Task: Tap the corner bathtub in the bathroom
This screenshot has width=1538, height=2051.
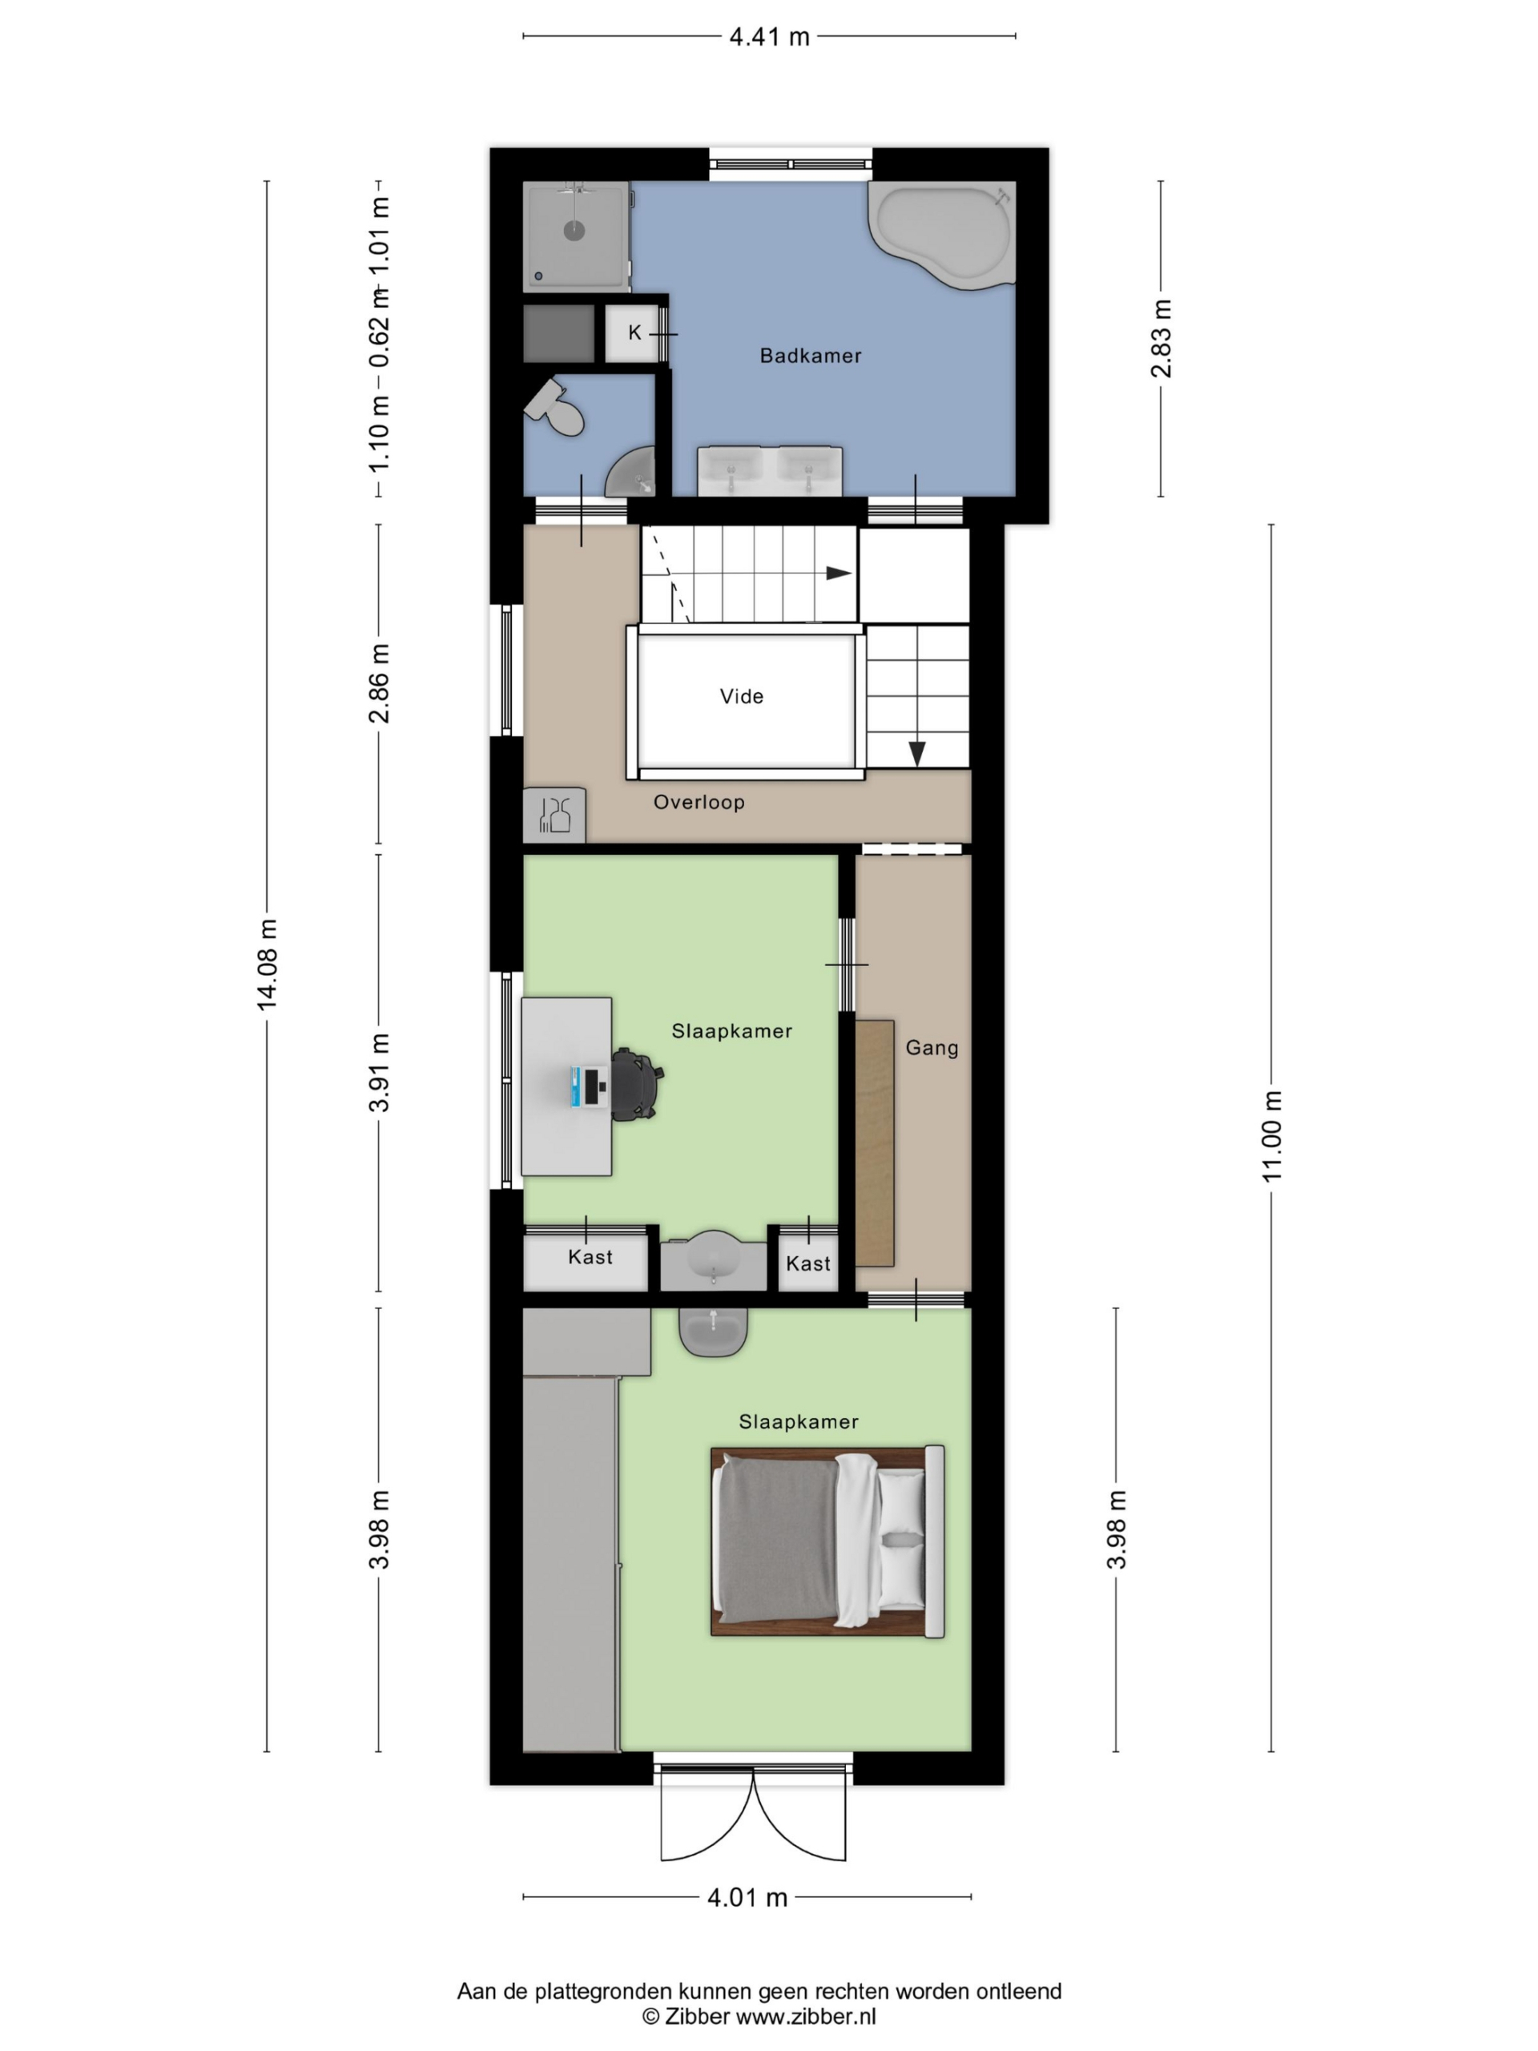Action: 940,235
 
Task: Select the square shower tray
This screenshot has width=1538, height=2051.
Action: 576,236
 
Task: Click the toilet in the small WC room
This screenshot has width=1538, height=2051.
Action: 555,408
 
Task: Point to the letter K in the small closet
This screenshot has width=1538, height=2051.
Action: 635,332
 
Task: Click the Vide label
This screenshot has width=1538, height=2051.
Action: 742,696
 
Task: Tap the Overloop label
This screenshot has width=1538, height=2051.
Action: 699,802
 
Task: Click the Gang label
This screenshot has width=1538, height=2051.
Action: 932,1048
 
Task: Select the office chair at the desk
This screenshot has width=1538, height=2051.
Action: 637,1084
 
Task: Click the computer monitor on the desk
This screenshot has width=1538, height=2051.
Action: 587,1086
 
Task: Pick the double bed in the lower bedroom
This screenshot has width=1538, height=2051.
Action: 827,1540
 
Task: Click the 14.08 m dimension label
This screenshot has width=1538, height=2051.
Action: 267,965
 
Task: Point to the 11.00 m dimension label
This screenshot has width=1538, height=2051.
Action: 1271,1136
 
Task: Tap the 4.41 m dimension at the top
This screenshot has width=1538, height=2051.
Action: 770,37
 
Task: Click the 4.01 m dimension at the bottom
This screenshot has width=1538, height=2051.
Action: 747,1898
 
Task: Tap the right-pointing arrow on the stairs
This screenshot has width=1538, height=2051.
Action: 838,573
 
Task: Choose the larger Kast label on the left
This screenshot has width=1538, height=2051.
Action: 590,1257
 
